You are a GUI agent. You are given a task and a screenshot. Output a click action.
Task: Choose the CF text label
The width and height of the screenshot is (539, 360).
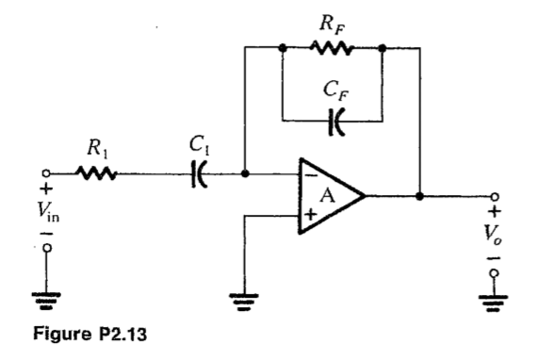tap(332, 91)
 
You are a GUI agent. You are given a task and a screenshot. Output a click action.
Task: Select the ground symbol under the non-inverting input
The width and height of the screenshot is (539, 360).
tap(244, 301)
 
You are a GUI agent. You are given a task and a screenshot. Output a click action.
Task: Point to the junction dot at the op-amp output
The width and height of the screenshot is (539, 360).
tap(419, 197)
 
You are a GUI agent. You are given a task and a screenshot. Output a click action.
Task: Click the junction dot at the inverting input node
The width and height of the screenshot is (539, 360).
tap(244, 174)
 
